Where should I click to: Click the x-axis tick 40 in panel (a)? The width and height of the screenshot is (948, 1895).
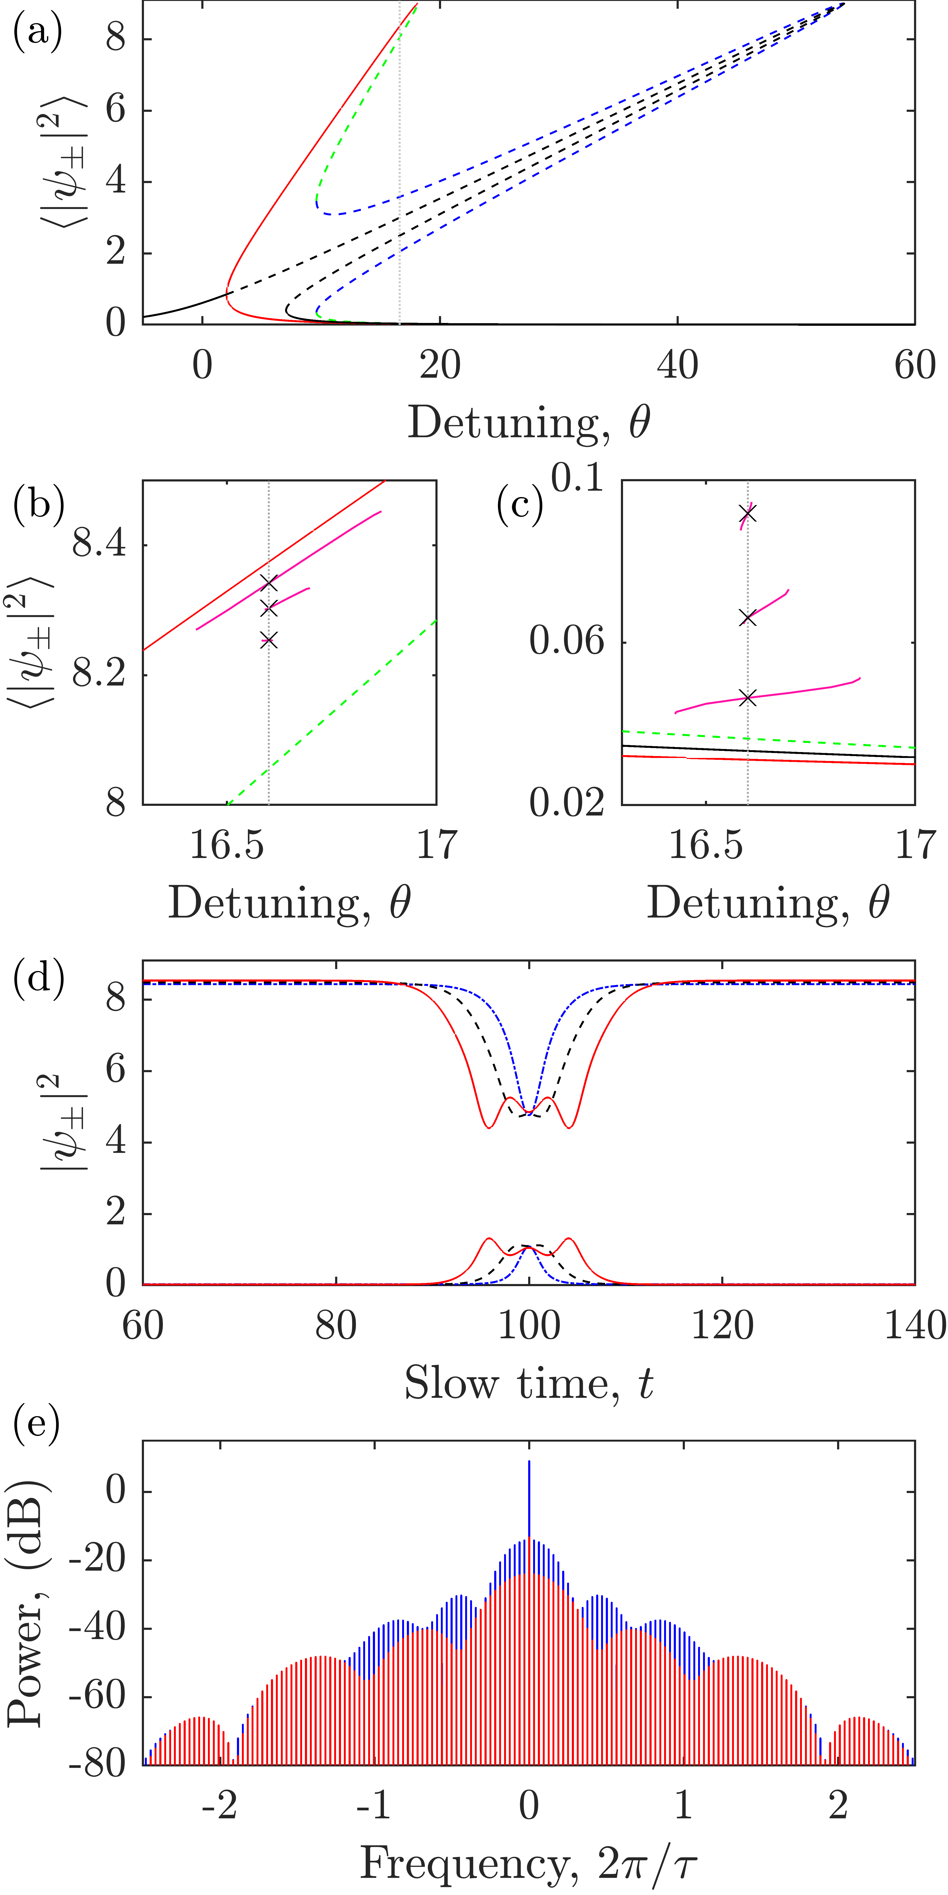(x=677, y=365)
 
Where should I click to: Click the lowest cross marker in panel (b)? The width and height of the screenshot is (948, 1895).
(x=269, y=640)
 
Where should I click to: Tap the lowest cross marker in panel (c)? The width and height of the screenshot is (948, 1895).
(x=748, y=698)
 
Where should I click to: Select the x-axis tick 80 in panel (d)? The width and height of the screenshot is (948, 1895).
(x=336, y=1326)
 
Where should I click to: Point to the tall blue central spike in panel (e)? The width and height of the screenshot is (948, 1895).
(x=528, y=1501)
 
